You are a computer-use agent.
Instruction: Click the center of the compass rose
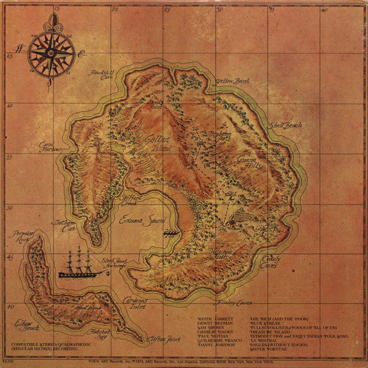tap(51, 53)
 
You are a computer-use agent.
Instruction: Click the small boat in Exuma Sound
tap(171, 233)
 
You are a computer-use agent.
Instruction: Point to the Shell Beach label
tap(286, 125)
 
